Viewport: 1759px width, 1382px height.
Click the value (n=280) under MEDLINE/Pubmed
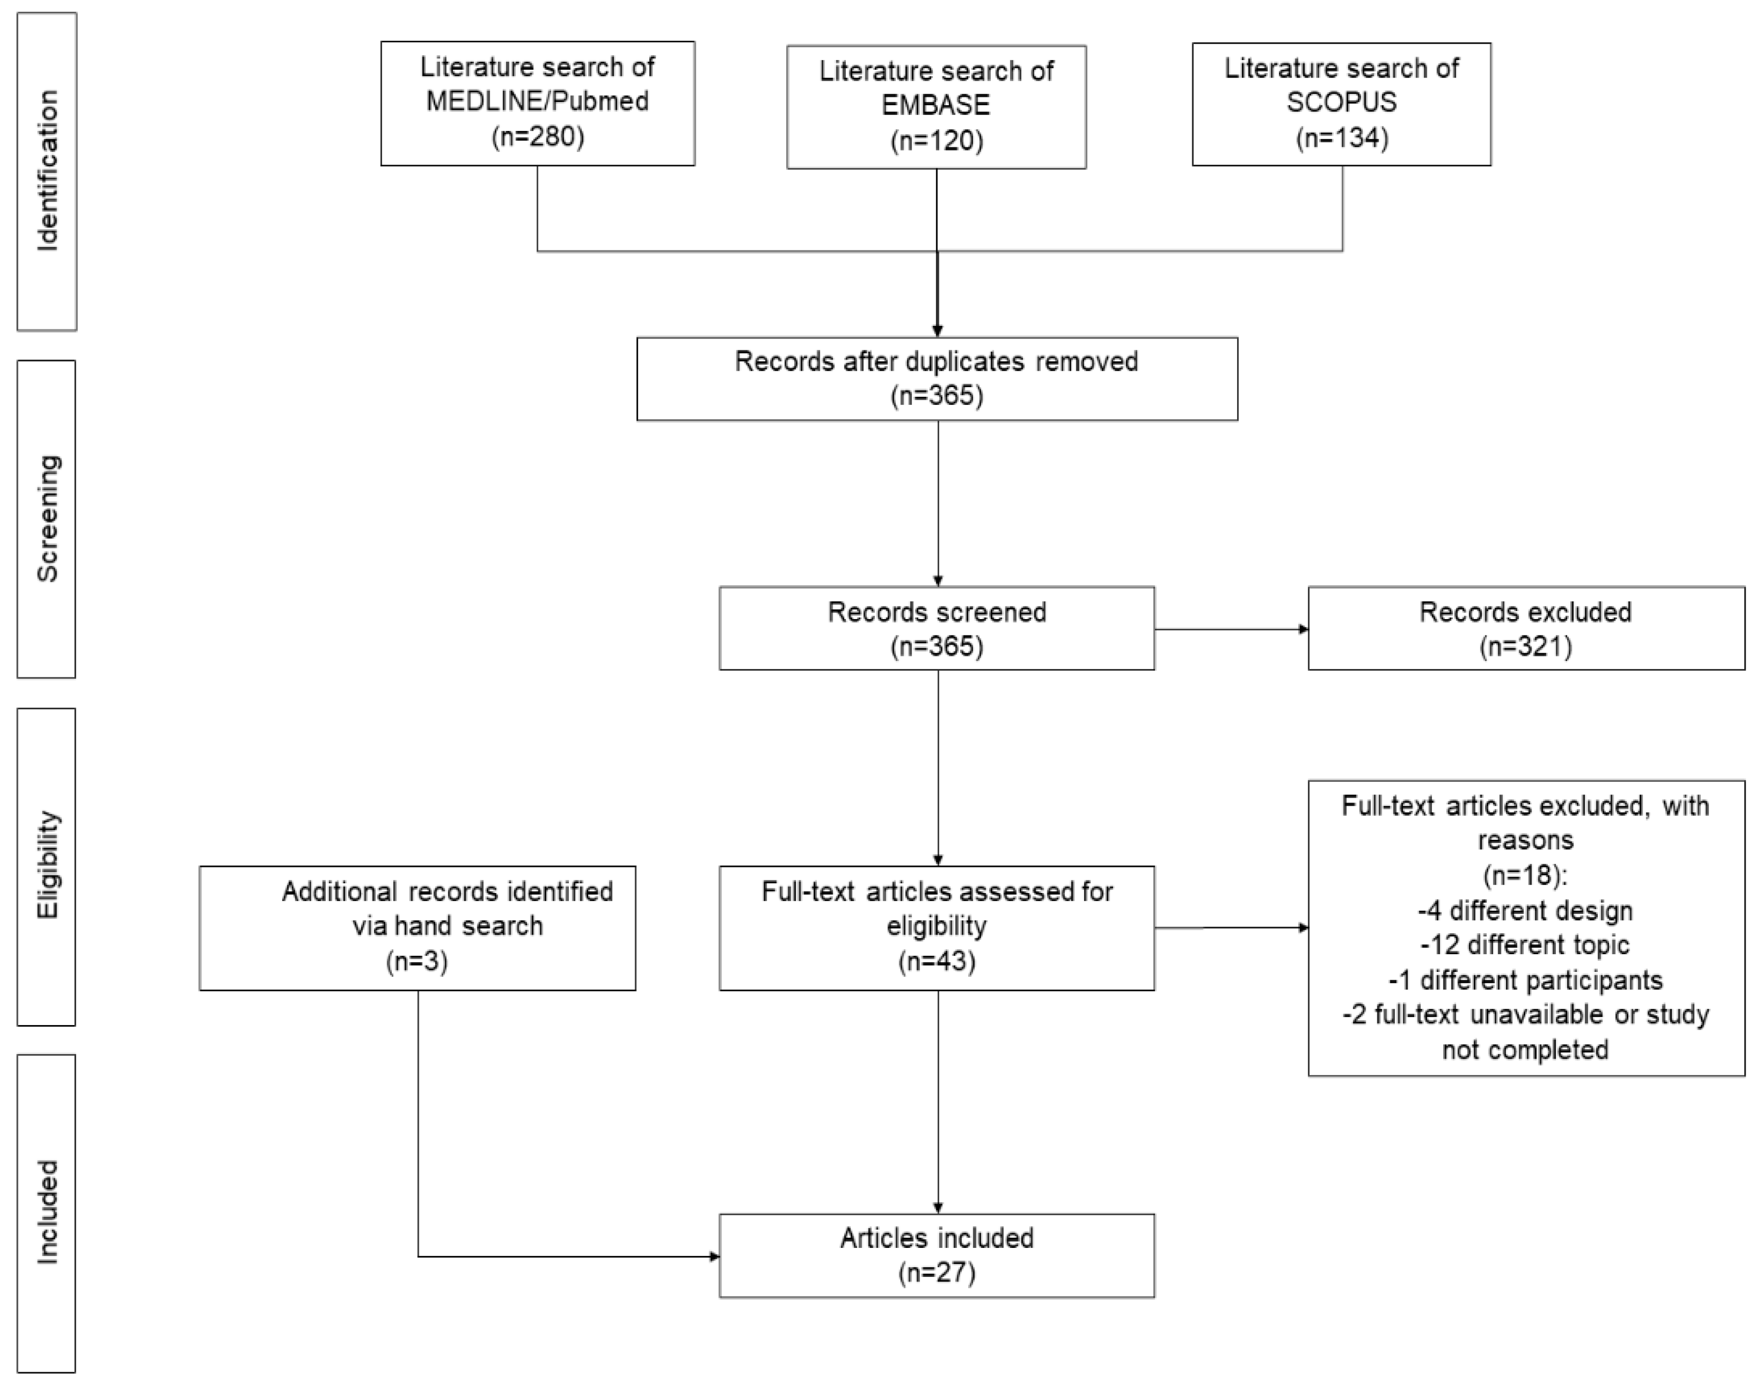point(538,136)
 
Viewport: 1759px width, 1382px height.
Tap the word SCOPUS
point(1341,102)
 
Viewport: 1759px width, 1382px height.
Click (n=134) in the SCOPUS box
point(1341,138)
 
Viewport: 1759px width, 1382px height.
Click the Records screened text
point(937,612)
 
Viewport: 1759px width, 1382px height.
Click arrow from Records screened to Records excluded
point(1230,629)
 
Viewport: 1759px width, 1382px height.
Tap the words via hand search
point(447,925)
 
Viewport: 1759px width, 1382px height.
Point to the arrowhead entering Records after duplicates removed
point(937,332)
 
